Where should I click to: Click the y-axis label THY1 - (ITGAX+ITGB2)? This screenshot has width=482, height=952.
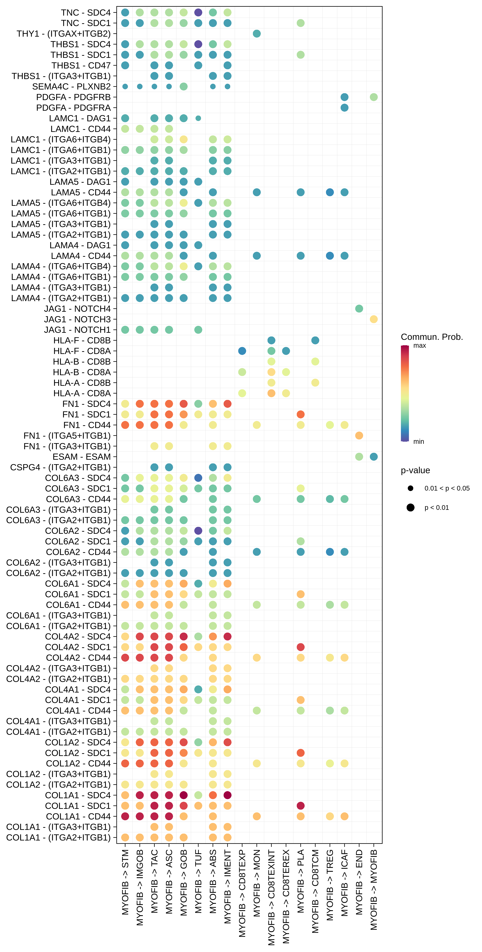pyautogui.click(x=64, y=34)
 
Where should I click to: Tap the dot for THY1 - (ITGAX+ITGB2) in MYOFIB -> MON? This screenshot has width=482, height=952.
pyautogui.click(x=257, y=34)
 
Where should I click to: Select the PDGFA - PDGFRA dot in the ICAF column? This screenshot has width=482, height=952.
pyautogui.click(x=344, y=107)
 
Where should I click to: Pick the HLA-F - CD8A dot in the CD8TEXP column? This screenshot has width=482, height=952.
pyautogui.click(x=242, y=351)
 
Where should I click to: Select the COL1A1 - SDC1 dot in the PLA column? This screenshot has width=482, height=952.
pyautogui.click(x=300, y=806)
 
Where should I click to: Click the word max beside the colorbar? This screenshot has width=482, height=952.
pyautogui.click(x=420, y=346)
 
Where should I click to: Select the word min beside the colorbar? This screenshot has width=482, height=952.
pyautogui.click(x=418, y=442)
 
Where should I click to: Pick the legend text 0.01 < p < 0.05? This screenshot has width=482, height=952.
pyautogui.click(x=447, y=488)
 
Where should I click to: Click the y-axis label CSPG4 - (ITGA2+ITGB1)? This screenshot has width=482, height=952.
pyautogui.click(x=60, y=468)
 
